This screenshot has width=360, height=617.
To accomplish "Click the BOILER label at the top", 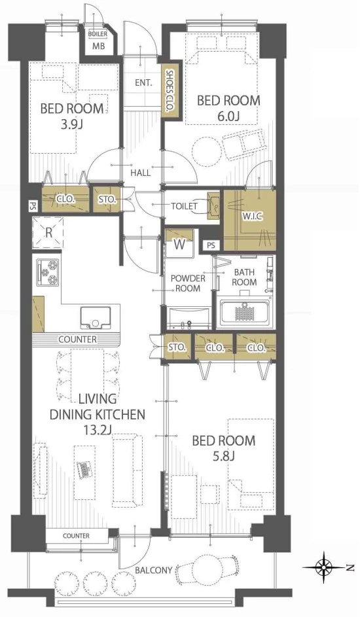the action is click(97, 34).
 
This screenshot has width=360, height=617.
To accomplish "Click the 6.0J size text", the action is click(229, 116).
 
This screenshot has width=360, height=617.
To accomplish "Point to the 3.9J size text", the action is click(71, 124).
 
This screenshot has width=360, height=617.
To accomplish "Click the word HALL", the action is click(141, 172).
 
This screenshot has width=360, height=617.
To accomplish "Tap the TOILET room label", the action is click(184, 206).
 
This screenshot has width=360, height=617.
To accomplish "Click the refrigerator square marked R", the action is click(48, 232).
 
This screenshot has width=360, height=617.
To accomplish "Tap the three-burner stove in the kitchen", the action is click(48, 272).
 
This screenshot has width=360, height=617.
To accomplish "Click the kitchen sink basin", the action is click(95, 317).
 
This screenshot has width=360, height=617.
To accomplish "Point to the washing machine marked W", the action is click(179, 243).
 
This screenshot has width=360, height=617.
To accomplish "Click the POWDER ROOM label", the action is click(188, 283).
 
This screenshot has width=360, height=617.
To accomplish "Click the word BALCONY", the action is click(154, 570).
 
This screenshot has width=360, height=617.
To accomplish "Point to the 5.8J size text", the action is click(223, 457).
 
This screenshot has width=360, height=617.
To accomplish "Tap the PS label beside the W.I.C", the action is click(211, 245).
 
